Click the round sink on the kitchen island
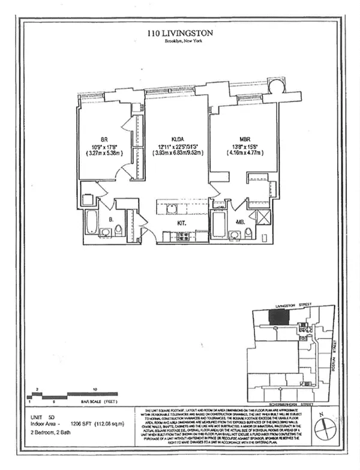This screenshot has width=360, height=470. point(171,209)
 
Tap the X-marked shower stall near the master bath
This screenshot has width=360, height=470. point(262,218)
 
